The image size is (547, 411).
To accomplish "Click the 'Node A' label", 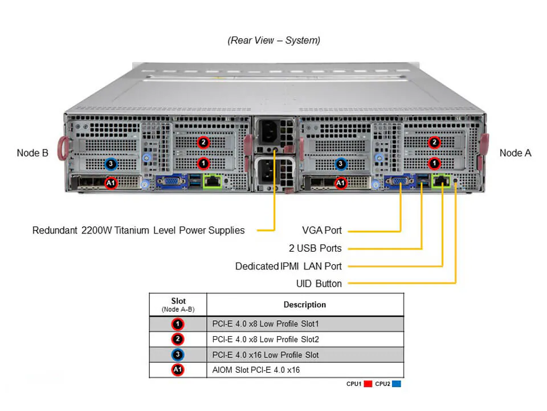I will coord(515,152).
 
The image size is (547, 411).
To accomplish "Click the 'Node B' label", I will coord(32,152).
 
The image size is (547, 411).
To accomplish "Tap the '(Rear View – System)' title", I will coord(273,41).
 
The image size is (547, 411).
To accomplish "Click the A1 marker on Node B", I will coord(112,183).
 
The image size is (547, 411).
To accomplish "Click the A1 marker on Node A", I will coord(341,183).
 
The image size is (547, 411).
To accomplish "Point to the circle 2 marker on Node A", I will coord(434,142).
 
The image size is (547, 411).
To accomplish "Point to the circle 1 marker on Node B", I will coord(203,163).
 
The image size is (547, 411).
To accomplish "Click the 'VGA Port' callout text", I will coord(322,231).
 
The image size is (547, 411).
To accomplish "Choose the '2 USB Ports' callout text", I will coord(315,248).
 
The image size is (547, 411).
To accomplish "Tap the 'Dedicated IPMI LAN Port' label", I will coord(288,266).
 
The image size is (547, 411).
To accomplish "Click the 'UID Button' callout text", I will coord(319,284).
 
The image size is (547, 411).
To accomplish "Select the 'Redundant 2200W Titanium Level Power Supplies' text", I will coord(138,231).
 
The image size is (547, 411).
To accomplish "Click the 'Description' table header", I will coord(305,305).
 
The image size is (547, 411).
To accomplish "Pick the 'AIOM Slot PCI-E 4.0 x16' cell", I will coord(256,370).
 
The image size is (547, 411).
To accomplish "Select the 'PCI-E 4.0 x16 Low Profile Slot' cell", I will coord(266,354).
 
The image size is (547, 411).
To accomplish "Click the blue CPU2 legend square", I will coord(397,384).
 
